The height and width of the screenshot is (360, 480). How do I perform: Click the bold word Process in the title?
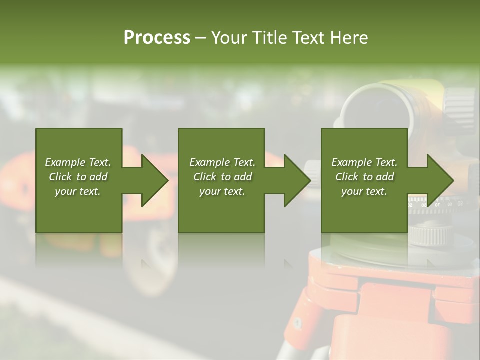(157, 38)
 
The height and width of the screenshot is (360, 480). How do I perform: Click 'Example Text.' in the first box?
(78, 162)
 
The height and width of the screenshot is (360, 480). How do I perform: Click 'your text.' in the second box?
(222, 191)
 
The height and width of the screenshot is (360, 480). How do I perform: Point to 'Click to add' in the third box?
(364, 177)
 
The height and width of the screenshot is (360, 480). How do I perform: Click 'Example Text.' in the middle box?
(222, 162)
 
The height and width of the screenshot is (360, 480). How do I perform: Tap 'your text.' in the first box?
(78, 191)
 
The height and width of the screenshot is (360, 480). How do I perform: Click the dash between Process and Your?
(200, 38)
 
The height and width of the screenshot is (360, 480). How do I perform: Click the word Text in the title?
(307, 38)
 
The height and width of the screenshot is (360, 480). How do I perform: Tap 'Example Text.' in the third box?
(364, 162)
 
